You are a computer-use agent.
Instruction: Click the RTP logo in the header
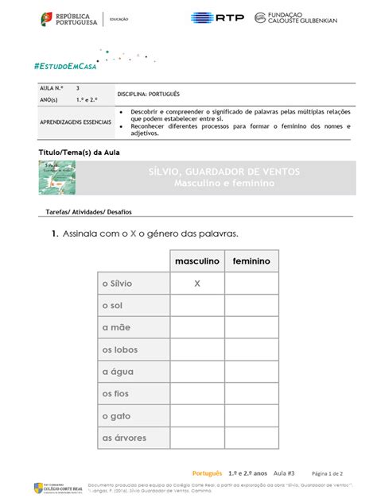(217, 17)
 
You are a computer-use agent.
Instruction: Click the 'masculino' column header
(196, 261)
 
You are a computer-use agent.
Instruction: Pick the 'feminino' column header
(251, 261)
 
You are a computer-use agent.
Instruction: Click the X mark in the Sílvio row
(196, 283)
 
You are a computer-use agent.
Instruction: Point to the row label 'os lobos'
(119, 349)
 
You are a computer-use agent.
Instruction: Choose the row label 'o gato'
(116, 415)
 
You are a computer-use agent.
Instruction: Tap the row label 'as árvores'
(123, 437)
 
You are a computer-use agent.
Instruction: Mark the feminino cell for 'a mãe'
(251, 327)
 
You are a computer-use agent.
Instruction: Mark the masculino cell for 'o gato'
(196, 415)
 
